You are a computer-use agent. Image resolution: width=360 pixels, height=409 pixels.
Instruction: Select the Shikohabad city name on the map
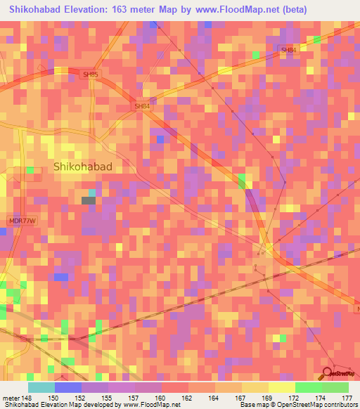point(83,167)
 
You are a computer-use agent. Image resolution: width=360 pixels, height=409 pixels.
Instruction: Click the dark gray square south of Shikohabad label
point(89,201)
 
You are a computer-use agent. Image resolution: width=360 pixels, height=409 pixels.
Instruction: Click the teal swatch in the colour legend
point(41,387)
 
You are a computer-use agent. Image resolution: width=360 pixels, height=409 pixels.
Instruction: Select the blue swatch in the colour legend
point(68,387)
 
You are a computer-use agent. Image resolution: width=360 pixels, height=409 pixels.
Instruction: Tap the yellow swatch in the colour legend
point(281,387)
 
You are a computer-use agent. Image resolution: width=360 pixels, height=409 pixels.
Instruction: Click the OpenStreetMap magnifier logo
point(328,373)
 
